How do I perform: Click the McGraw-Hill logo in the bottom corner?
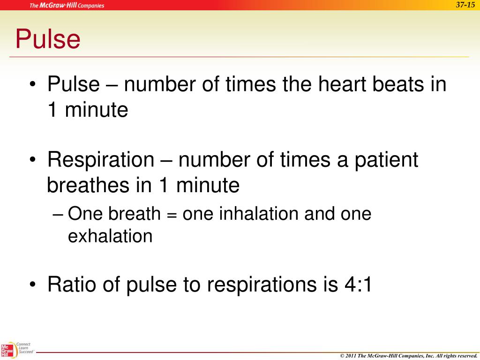7,351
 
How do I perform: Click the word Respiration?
100,160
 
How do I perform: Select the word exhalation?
110,236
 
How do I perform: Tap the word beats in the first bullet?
398,85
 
